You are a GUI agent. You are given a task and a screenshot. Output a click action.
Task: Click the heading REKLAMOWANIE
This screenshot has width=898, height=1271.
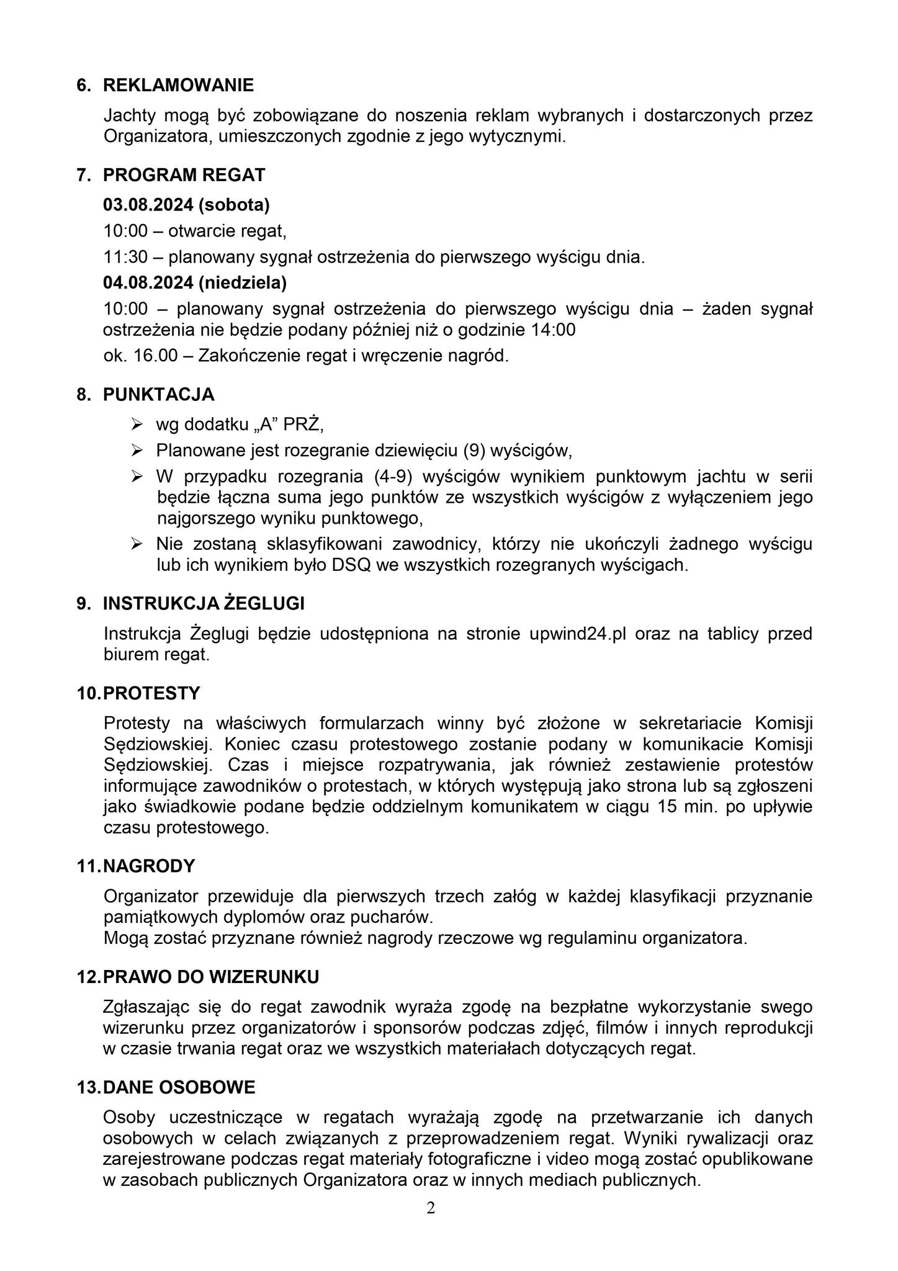click(x=178, y=85)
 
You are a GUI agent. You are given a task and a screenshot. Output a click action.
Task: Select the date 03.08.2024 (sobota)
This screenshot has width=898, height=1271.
click(x=186, y=204)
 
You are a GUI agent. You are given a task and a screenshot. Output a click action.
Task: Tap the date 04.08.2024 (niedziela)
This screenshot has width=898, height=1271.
click(x=195, y=283)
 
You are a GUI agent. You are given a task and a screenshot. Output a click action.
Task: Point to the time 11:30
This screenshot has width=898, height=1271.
click(x=125, y=257)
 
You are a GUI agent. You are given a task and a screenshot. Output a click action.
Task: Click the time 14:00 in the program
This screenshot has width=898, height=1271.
click(x=553, y=330)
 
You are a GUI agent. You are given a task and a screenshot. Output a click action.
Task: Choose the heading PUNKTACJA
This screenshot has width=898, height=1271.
click(x=158, y=394)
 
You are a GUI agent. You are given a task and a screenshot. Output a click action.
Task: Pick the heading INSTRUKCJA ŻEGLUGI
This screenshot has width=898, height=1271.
click(x=204, y=604)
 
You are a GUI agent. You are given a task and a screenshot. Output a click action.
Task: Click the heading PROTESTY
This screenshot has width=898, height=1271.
click(x=151, y=693)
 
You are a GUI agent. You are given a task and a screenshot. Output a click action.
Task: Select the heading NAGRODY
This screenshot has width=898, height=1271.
click(x=149, y=866)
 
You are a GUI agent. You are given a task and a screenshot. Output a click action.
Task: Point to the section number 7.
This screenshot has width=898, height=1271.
click(x=81, y=176)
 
